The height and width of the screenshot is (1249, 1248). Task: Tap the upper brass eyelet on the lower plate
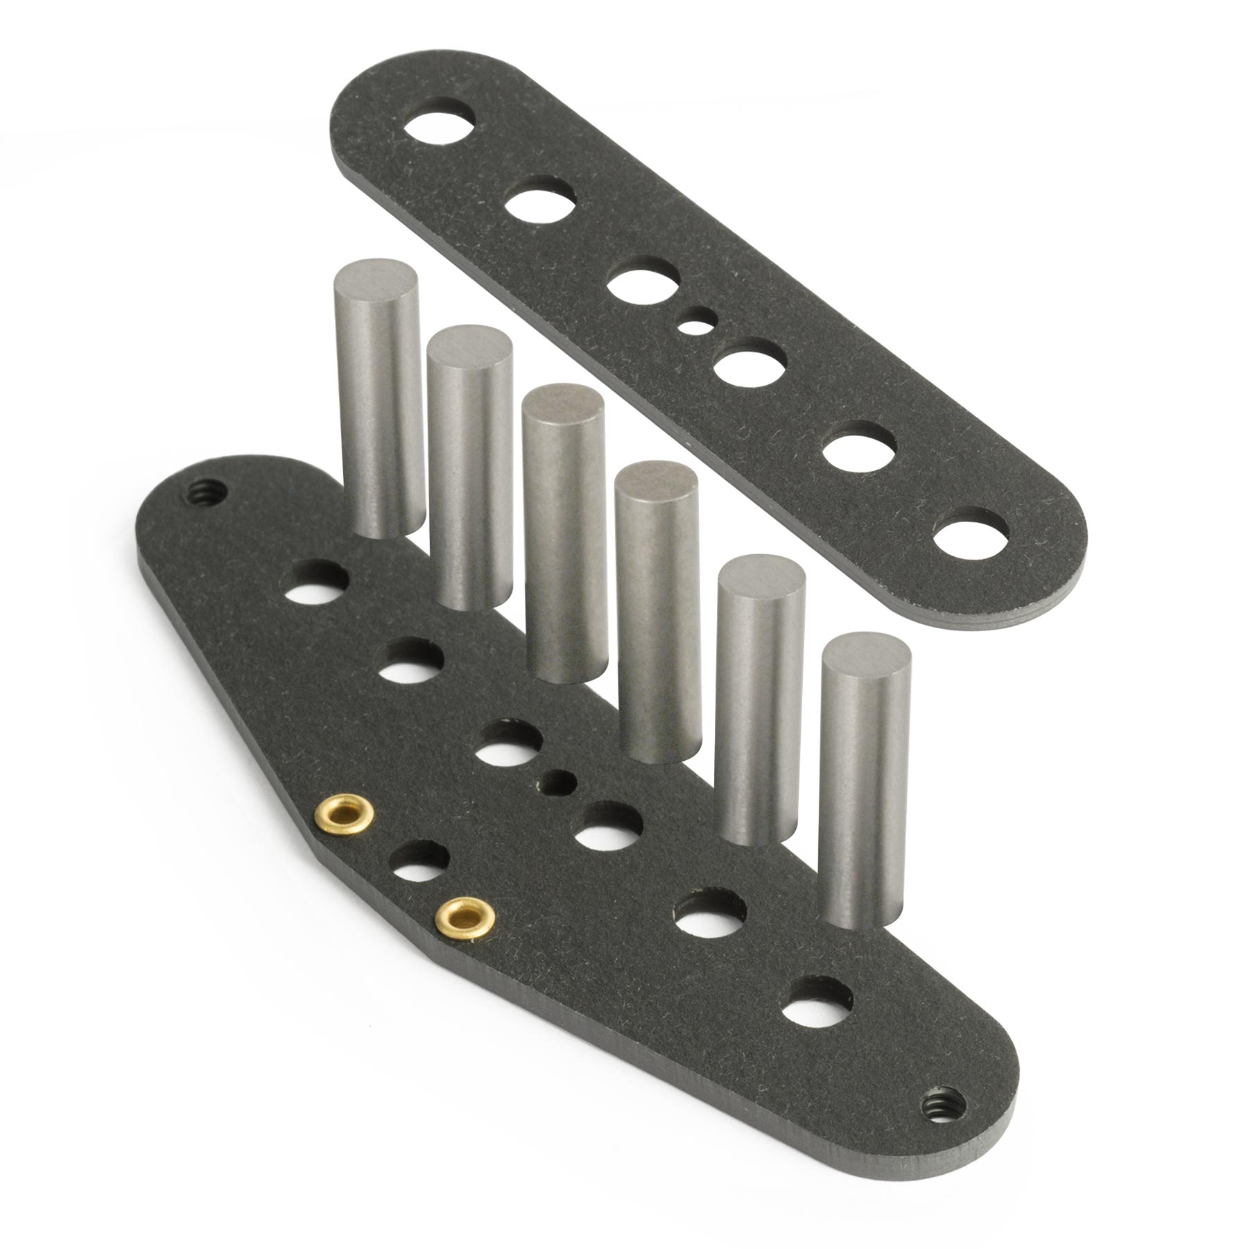coord(345,811)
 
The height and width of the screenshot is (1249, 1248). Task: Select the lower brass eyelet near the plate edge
coord(465,916)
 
